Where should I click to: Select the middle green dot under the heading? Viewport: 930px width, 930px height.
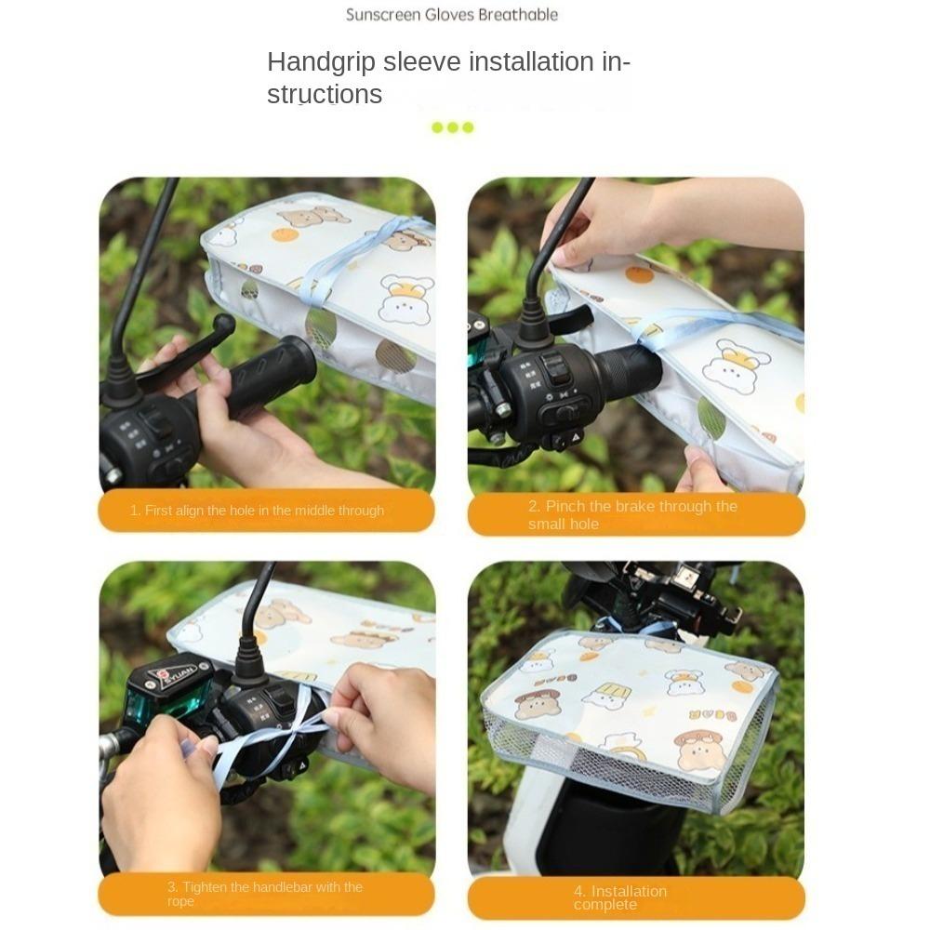453,127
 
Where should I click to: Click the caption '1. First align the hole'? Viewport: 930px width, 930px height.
257,511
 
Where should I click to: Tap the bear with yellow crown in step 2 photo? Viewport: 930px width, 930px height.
735,365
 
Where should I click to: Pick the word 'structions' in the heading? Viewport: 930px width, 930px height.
325,95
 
